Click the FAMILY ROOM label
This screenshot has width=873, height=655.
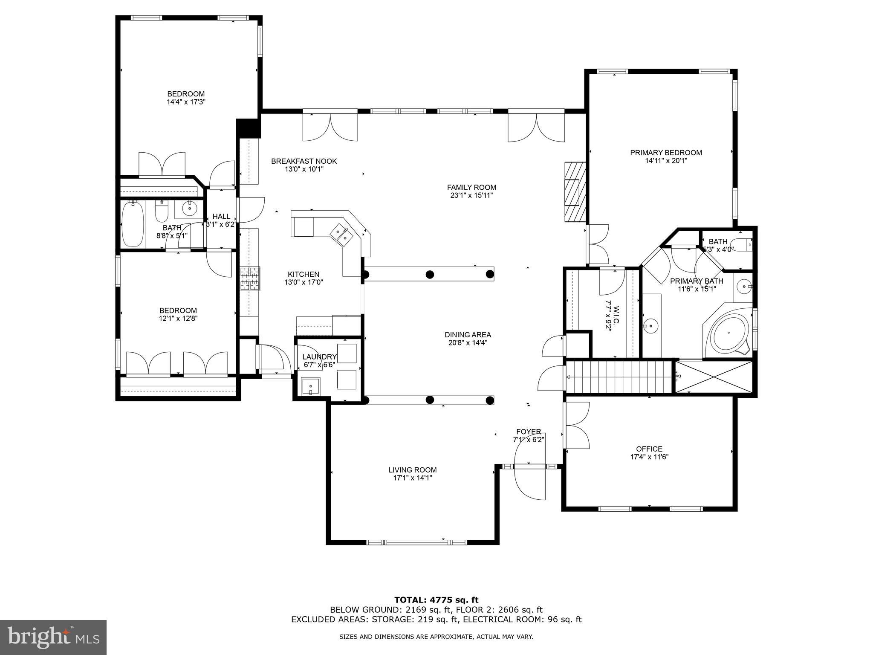click(471, 187)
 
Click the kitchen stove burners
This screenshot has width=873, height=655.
click(250, 278)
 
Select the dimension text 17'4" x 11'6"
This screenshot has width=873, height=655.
click(649, 457)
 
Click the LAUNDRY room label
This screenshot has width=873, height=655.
click(319, 357)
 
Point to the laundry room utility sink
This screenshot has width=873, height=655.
click(311, 387)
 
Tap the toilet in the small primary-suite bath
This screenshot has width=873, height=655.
click(747, 245)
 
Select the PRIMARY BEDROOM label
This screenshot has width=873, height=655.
click(666, 153)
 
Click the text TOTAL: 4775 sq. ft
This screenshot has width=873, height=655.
click(436, 600)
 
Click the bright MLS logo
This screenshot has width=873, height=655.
click(53, 638)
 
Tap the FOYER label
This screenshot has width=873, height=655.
click(529, 432)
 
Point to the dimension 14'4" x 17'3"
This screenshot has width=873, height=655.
click(186, 102)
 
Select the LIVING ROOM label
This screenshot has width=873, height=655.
click(412, 470)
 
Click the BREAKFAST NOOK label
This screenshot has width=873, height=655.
click(304, 161)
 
